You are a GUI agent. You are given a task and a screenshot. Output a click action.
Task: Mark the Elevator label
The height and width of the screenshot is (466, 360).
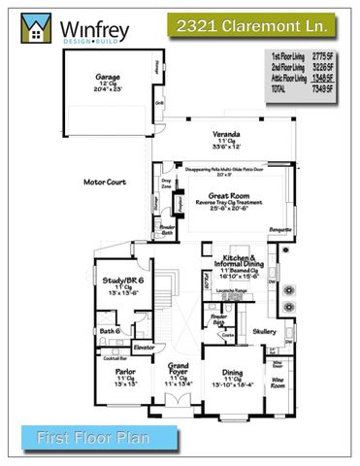coord(145,346)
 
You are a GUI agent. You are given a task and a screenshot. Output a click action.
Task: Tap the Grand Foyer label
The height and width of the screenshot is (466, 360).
coord(178,370)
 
